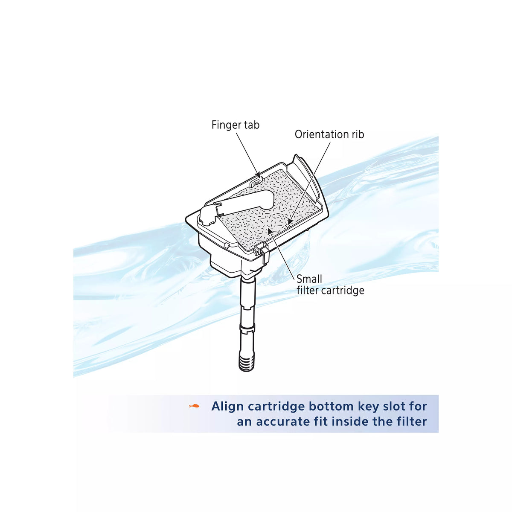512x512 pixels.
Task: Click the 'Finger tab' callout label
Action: pyautogui.click(x=235, y=125)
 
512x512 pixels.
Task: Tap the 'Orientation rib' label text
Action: pyautogui.click(x=329, y=134)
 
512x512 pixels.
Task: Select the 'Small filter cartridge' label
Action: pyautogui.click(x=330, y=285)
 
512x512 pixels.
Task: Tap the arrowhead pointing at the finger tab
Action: pyautogui.click(x=258, y=175)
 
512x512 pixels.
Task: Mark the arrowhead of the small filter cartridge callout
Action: pyautogui.click(x=271, y=230)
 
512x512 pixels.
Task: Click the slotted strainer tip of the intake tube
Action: pyautogui.click(x=247, y=364)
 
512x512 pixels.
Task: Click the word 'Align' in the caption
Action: pyautogui.click(x=227, y=407)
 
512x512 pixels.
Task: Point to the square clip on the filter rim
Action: pyautogui.click(x=261, y=250)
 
